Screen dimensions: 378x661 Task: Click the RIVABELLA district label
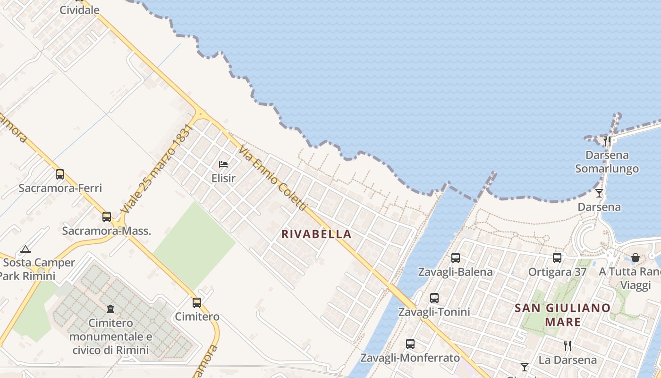[316, 234]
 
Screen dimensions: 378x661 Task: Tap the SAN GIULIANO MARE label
[562, 315]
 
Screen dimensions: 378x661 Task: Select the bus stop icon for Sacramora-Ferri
[60, 174]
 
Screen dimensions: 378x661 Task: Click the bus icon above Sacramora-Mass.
[107, 217]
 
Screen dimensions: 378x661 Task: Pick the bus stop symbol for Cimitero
[197, 303]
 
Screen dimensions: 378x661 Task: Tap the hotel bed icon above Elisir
[223, 164]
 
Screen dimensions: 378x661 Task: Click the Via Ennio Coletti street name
[273, 179]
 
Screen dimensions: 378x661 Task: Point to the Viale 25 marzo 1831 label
[157, 169]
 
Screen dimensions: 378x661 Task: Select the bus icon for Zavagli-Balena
[455, 258]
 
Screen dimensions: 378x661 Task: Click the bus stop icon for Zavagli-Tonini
[434, 298]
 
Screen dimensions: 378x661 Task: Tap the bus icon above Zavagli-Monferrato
[410, 344]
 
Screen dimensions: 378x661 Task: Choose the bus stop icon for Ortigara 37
[557, 258]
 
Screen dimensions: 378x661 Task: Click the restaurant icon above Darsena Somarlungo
[607, 141]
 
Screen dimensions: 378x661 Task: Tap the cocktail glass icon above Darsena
[599, 193]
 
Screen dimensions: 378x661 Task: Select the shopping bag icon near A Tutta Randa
[636, 258]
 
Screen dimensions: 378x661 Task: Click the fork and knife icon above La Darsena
[567, 346]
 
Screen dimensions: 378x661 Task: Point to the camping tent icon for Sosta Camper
[25, 249]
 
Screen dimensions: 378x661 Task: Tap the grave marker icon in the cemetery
[110, 309]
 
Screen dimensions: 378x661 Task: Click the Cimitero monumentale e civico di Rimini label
[110, 336]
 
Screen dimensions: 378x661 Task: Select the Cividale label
[79, 10]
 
